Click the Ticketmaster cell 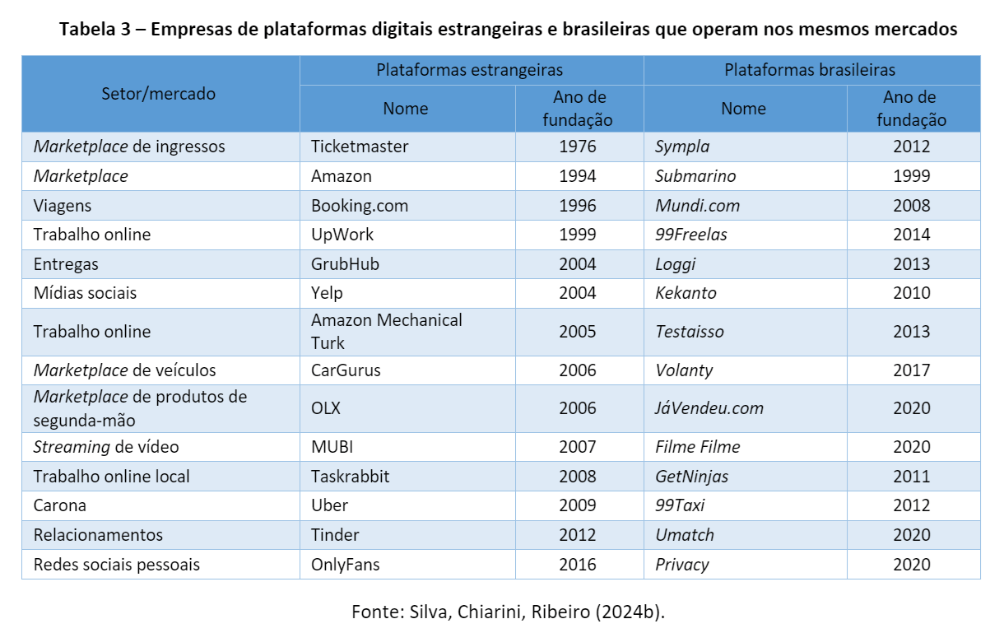click(x=360, y=147)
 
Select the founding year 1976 click(x=577, y=147)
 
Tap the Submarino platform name click(x=695, y=176)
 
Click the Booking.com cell click(x=360, y=206)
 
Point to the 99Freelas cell click(x=691, y=235)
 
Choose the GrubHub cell click(x=345, y=264)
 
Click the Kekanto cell click(x=686, y=293)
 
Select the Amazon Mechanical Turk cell click(x=387, y=331)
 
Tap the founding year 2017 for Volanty click(x=911, y=370)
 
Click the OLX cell click(x=326, y=408)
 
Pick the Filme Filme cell click(x=697, y=447)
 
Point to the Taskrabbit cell click(x=351, y=477)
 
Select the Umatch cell click(x=685, y=535)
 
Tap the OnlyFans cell click(x=346, y=565)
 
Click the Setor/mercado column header click(x=159, y=94)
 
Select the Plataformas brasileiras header click(x=810, y=70)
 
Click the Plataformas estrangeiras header click(x=470, y=70)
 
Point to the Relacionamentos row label click(x=98, y=535)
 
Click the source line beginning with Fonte click(x=507, y=612)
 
